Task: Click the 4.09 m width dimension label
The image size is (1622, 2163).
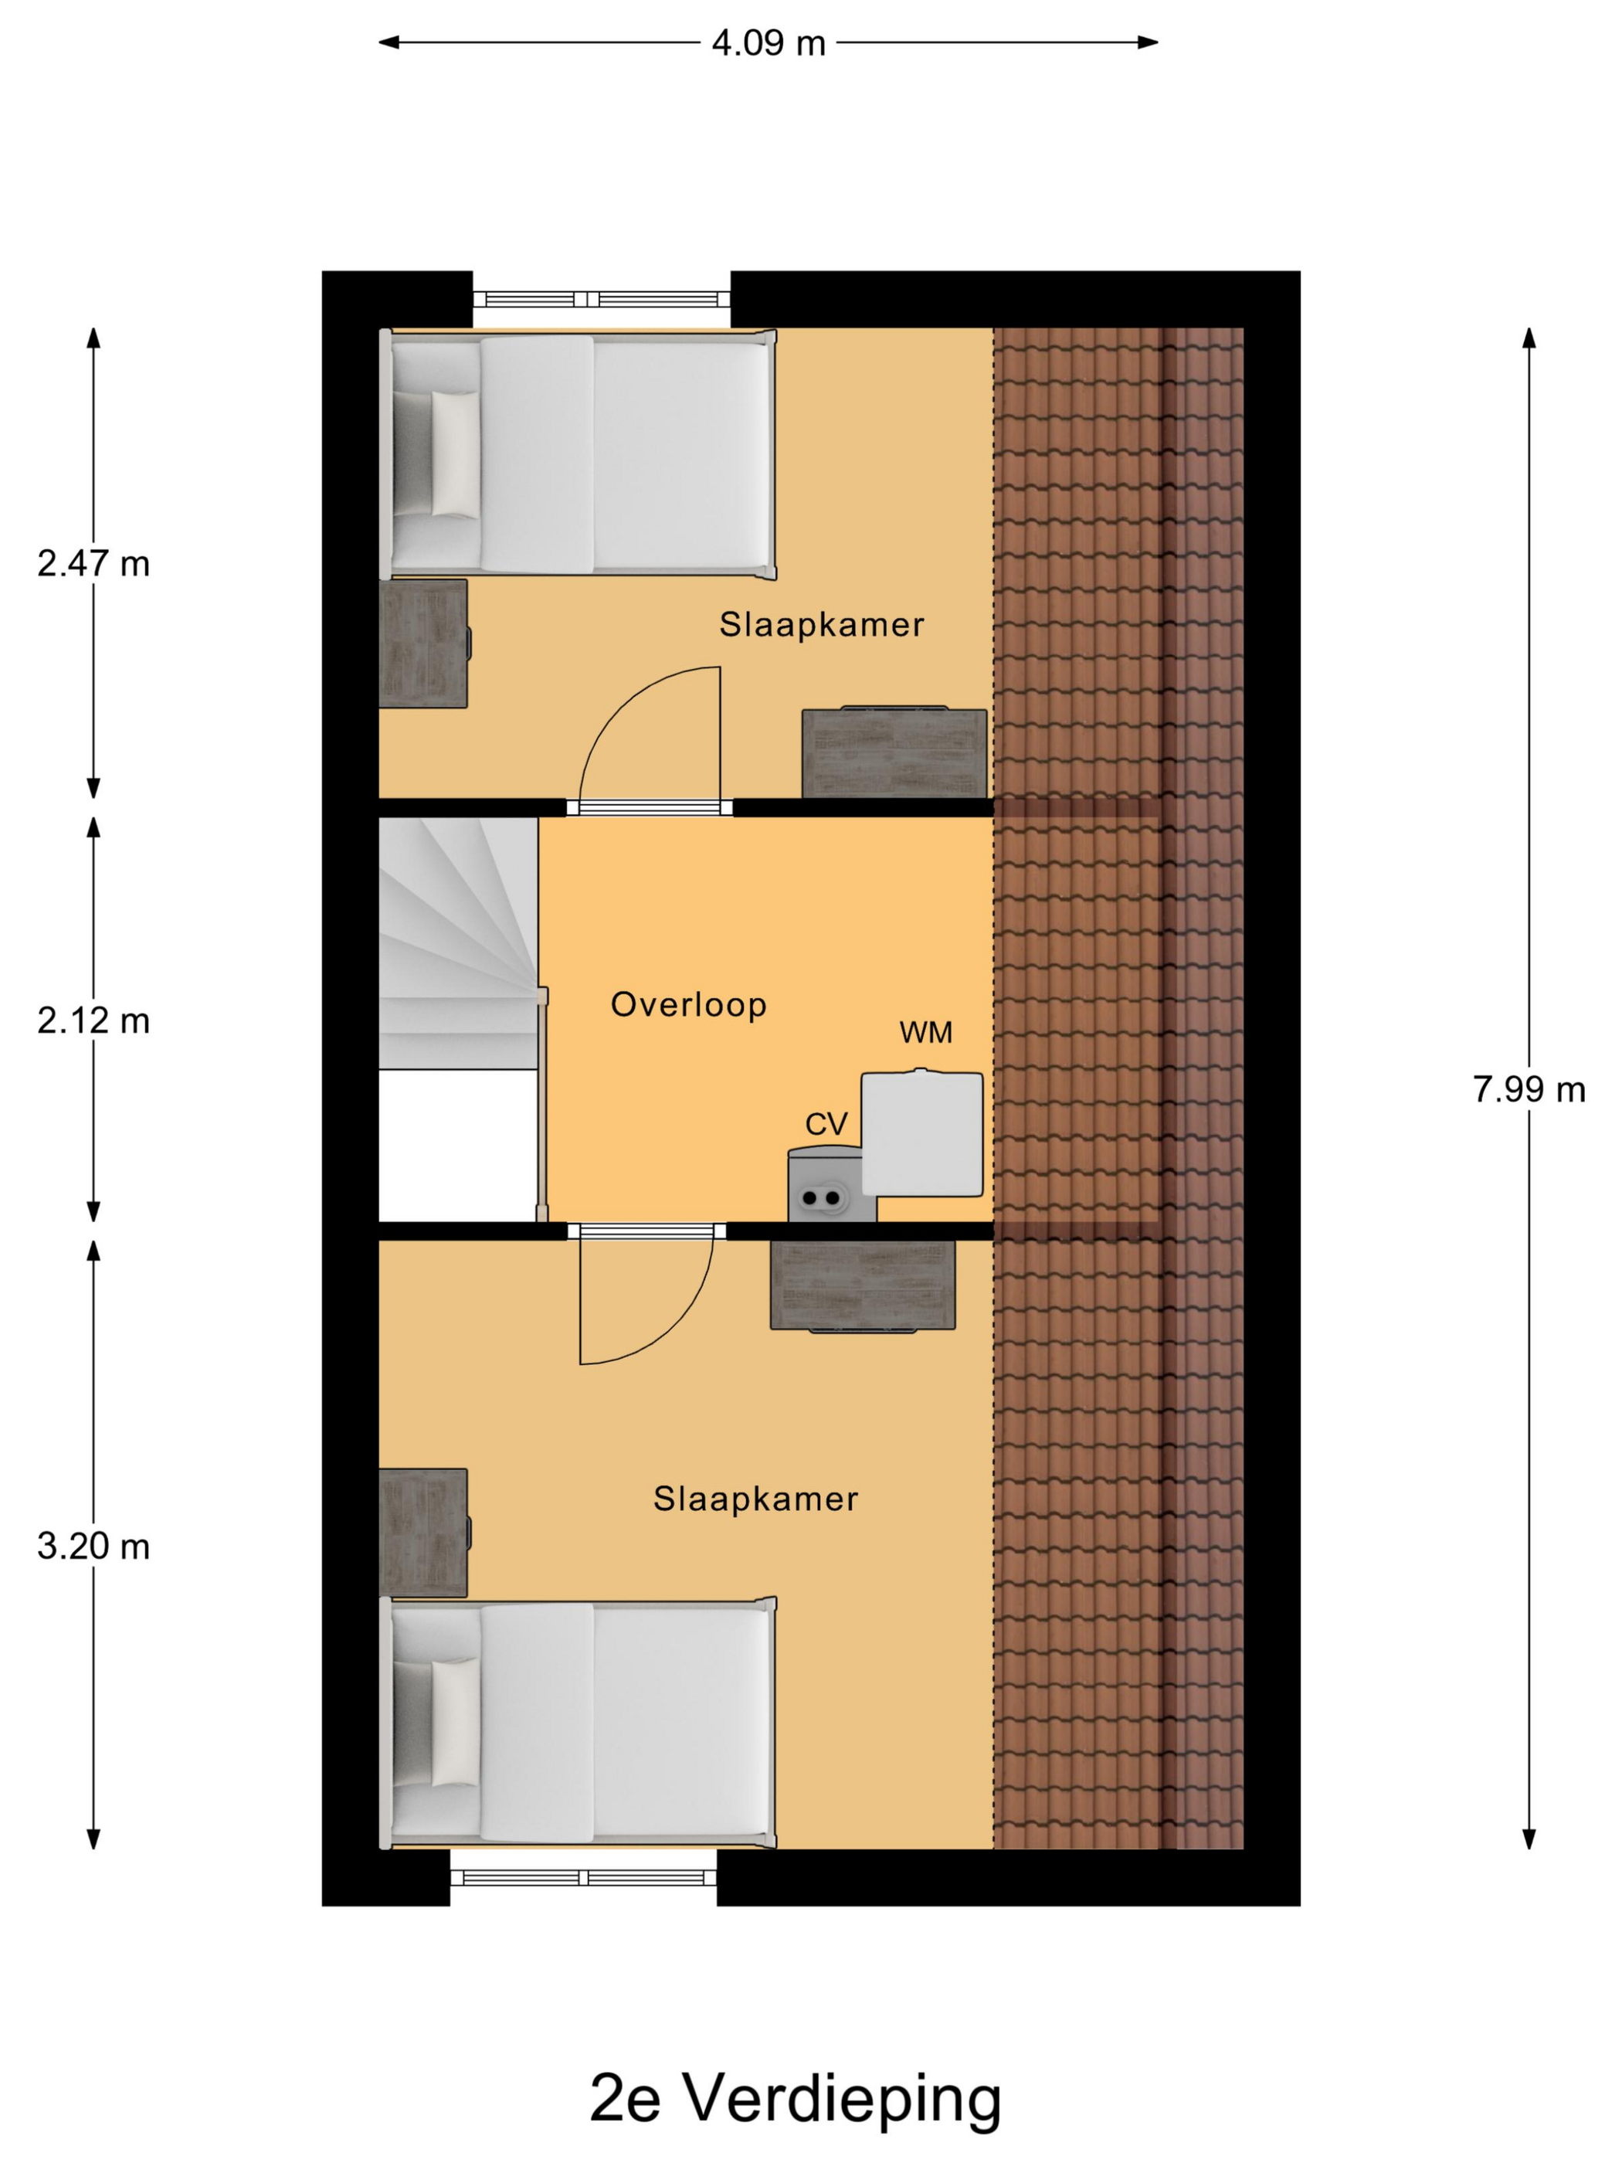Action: pos(768,43)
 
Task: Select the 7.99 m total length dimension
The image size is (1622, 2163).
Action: pos(1528,1089)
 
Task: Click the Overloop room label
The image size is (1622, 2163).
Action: pos(688,1004)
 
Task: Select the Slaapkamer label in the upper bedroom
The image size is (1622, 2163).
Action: pos(821,625)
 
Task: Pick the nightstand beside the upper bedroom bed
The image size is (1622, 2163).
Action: pos(423,643)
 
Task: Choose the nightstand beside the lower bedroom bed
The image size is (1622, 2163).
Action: pos(423,1533)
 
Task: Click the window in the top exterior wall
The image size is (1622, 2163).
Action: pos(601,299)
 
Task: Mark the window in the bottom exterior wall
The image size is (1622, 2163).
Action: pos(582,1877)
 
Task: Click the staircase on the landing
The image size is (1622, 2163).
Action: pos(459,944)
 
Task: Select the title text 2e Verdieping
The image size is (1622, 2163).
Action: pos(796,2097)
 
